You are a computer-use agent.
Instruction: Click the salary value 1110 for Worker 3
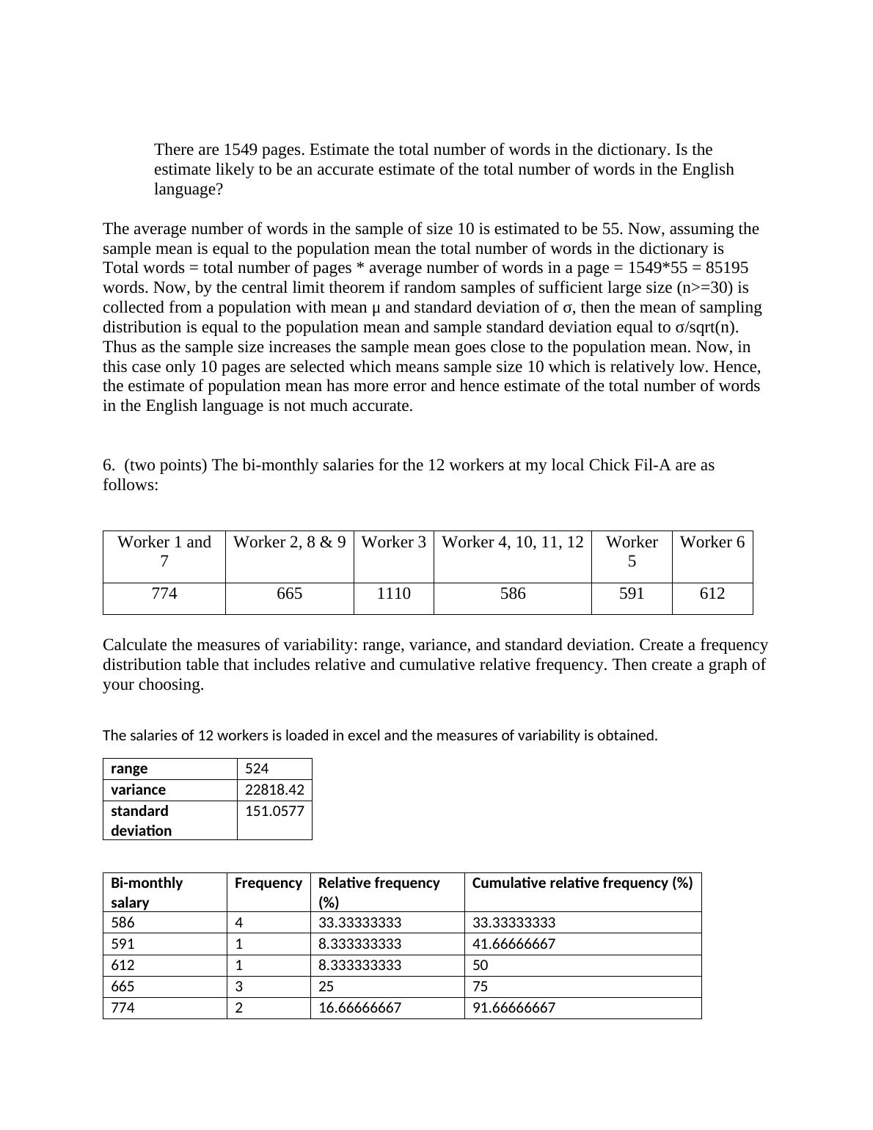[393, 594]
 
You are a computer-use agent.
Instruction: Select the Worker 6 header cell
[712, 542]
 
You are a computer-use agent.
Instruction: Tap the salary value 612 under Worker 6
[712, 594]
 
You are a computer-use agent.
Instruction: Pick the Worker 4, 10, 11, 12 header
[512, 542]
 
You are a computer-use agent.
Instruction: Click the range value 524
[257, 768]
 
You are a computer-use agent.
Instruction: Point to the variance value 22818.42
[274, 790]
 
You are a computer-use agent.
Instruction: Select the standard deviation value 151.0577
[274, 811]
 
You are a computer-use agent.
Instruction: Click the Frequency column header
[268, 883]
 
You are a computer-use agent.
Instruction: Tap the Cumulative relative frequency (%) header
[582, 883]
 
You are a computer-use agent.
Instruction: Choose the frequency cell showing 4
[238, 922]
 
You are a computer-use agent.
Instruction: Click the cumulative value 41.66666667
[514, 944]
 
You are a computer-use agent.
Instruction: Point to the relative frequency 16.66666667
[359, 1007]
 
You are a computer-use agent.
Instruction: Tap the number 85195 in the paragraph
[724, 268]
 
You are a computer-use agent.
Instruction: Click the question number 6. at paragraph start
[109, 465]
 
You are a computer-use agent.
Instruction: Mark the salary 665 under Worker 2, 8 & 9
[289, 594]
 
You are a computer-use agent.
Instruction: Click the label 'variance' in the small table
[138, 790]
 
